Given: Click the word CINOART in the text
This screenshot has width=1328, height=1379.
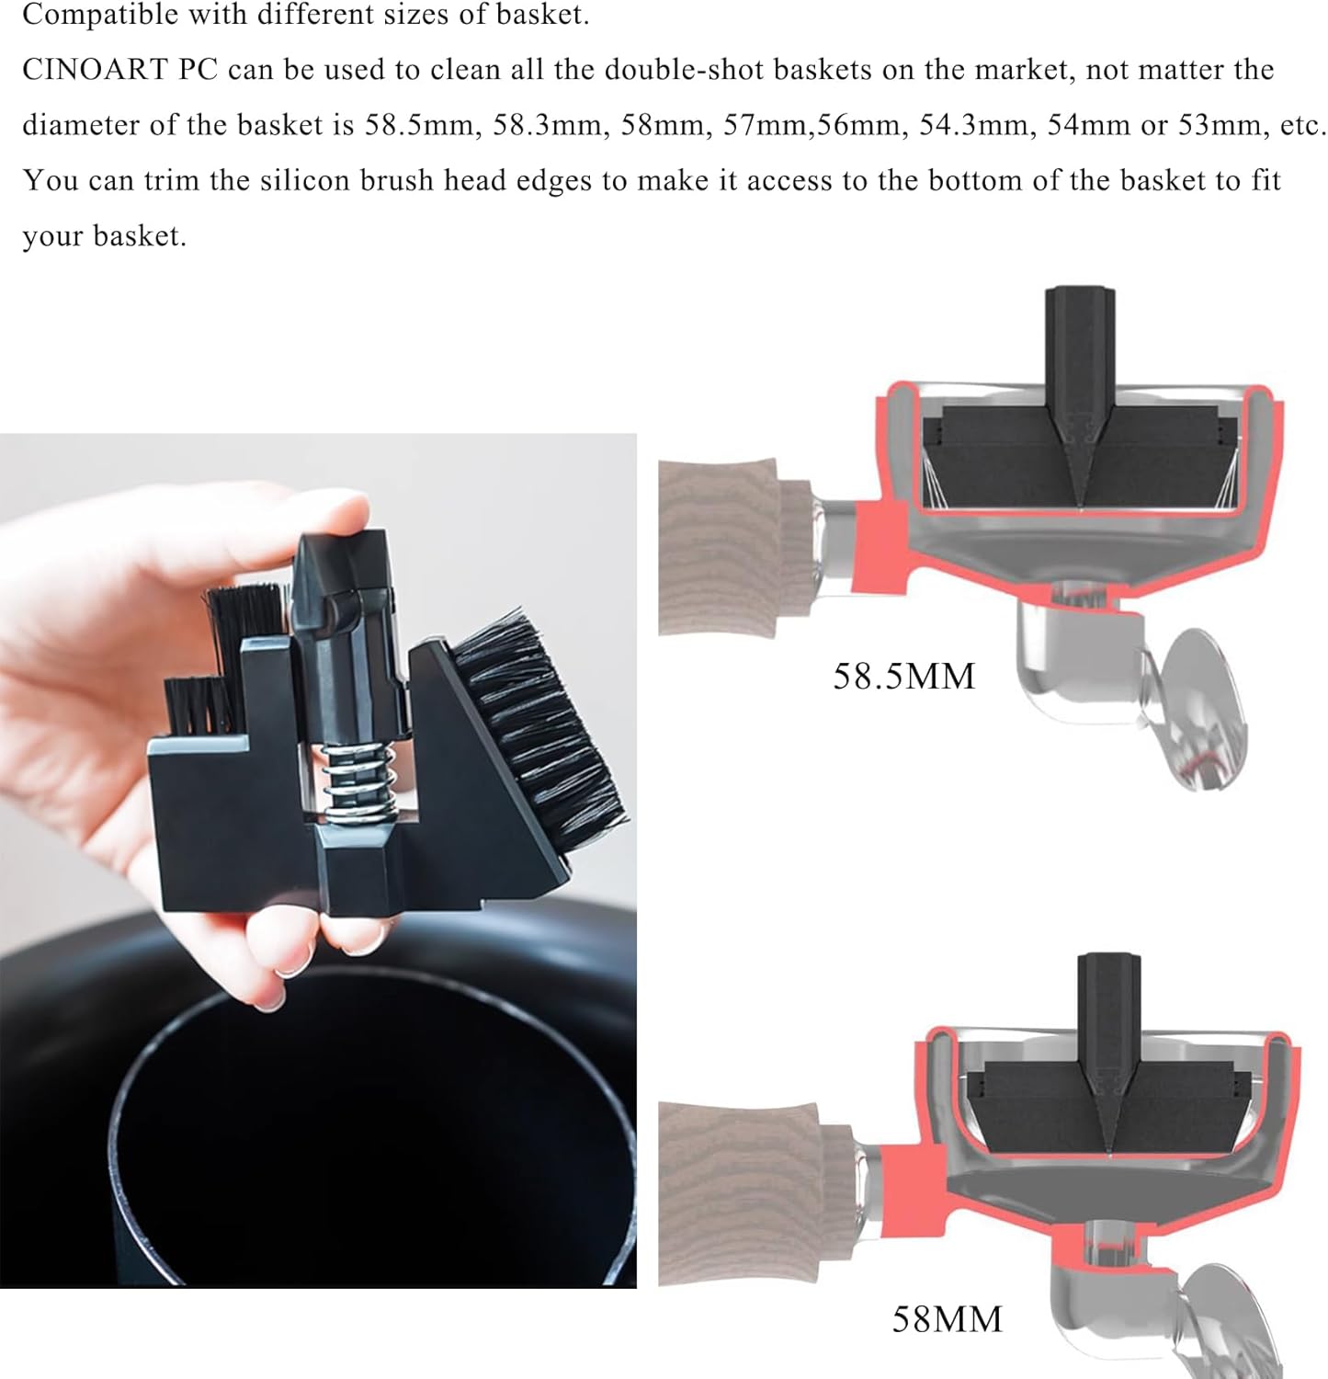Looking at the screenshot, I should pos(94,70).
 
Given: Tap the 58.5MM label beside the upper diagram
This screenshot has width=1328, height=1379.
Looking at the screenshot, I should pos(903,677).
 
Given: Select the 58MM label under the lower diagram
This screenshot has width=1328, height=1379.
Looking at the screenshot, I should pos(947,1319).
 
